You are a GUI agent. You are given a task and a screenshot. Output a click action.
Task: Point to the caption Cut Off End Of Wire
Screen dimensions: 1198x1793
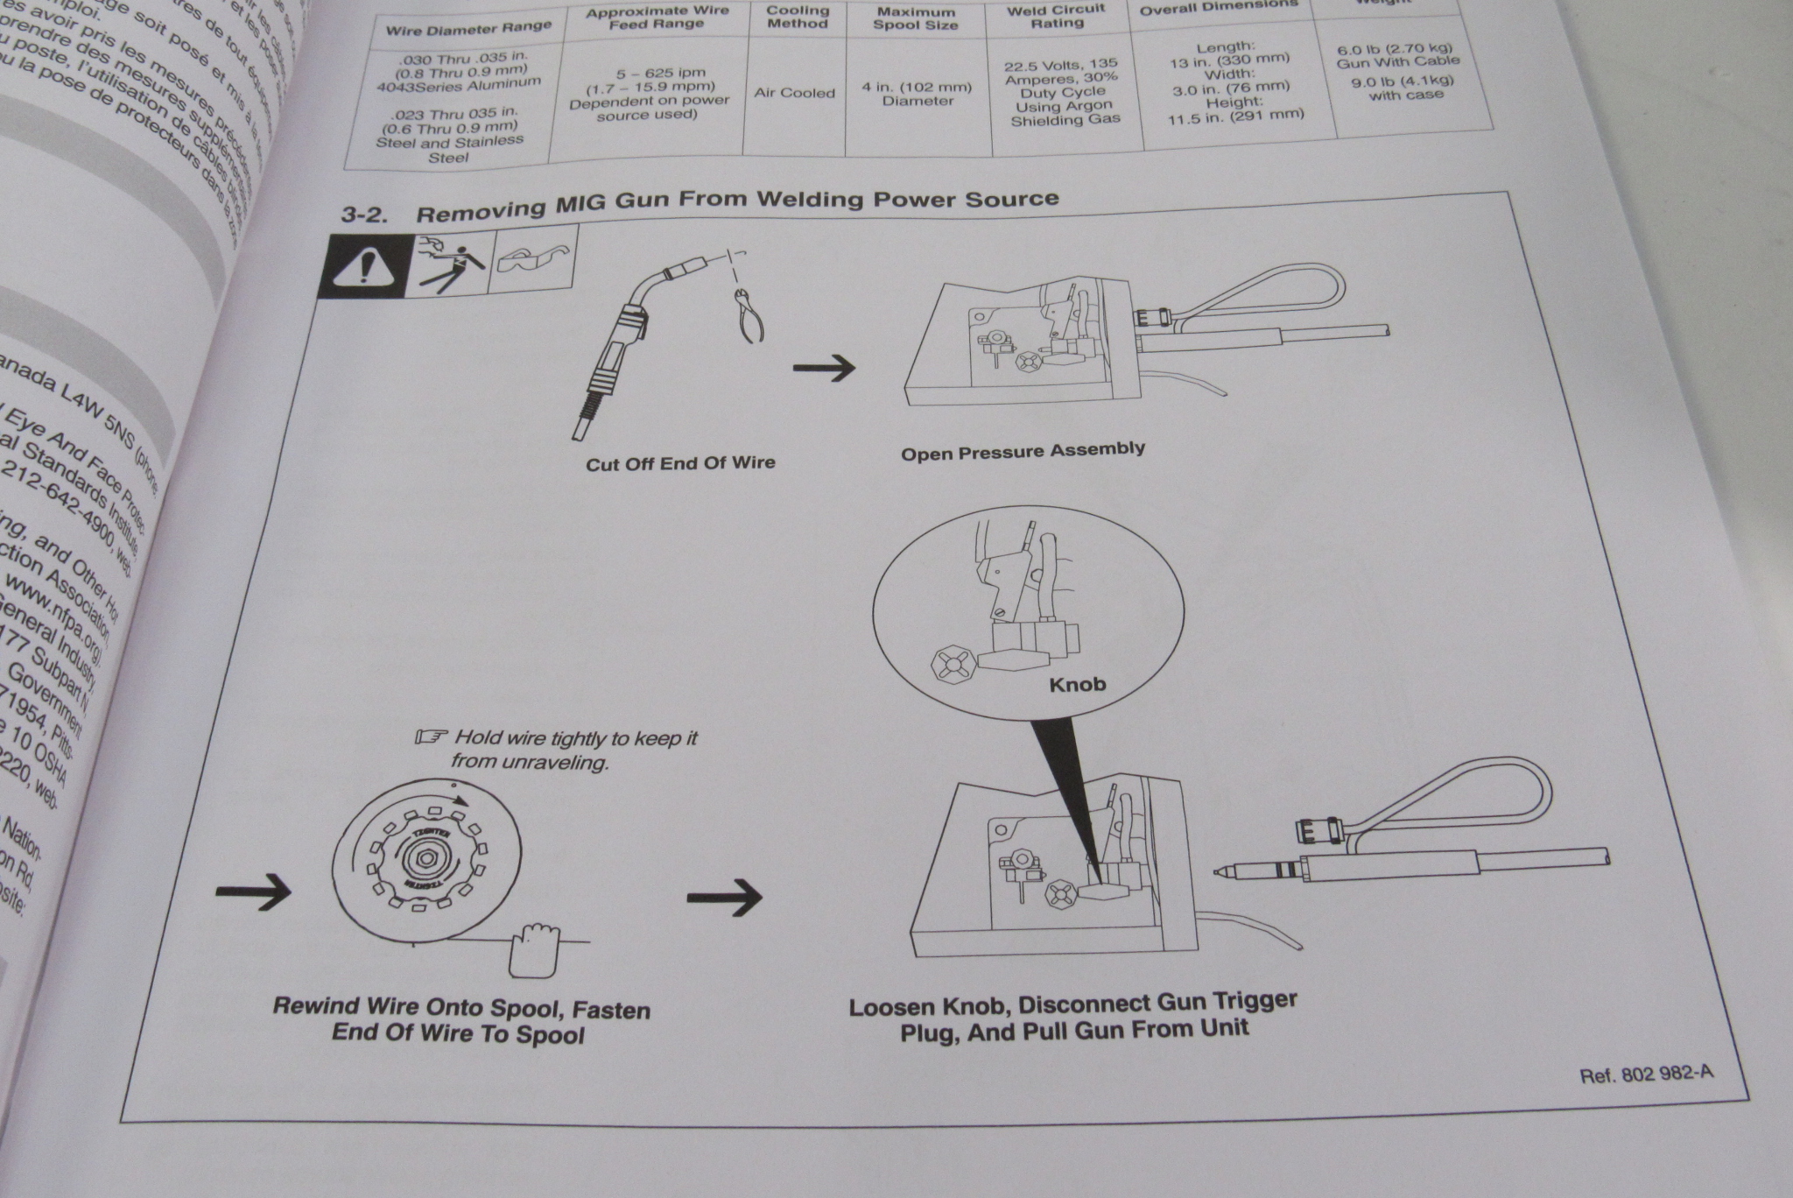[x=680, y=463]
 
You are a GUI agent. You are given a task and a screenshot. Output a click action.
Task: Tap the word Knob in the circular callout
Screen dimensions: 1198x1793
[x=1077, y=684]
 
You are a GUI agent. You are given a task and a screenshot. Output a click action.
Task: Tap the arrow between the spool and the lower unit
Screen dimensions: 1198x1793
[x=724, y=896]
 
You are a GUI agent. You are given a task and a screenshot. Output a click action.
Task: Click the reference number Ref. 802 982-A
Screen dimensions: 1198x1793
[x=1646, y=1075]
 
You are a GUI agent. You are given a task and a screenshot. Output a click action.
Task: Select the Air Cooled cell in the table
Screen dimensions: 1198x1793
[x=795, y=93]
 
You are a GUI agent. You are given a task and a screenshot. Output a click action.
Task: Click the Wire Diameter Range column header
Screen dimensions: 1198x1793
[x=469, y=28]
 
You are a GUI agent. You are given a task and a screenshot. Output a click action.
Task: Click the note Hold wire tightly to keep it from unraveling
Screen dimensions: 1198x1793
[x=573, y=751]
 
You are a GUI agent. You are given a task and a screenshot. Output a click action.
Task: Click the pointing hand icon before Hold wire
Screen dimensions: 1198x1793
[x=432, y=737]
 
